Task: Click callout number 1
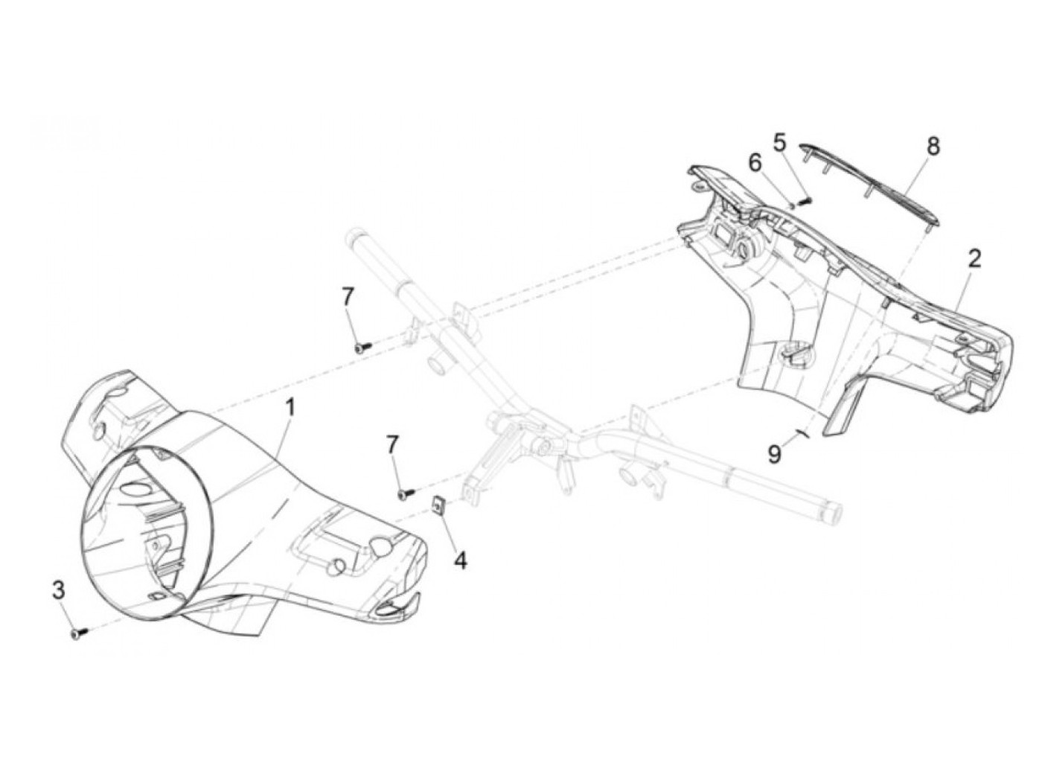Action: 290,408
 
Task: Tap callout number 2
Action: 974,259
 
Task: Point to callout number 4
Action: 461,560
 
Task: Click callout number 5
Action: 779,141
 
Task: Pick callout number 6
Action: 755,162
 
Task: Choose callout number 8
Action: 933,146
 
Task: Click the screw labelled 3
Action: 78,633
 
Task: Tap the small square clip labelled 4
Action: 440,505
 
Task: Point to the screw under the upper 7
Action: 362,346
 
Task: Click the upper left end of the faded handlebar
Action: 354,240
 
